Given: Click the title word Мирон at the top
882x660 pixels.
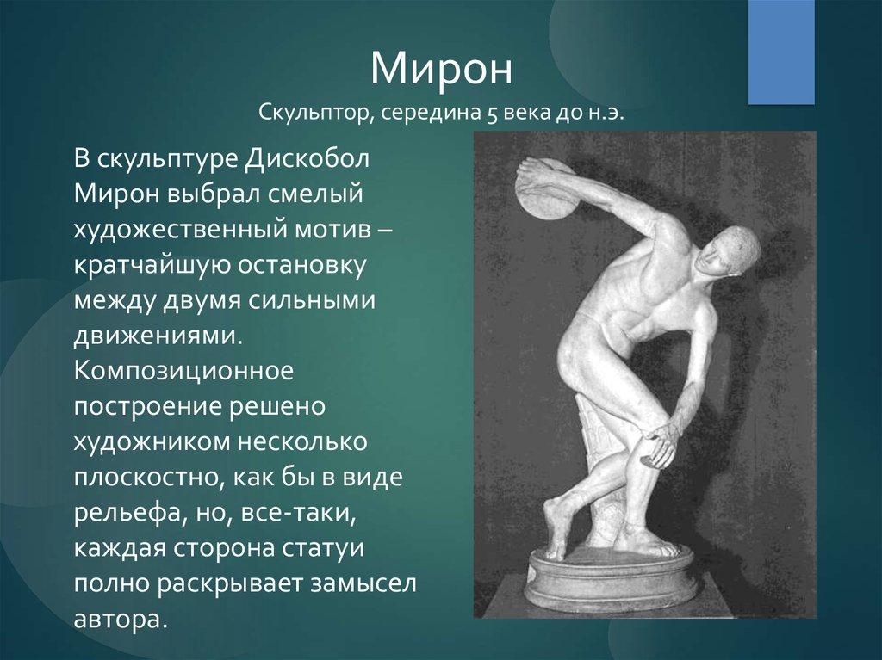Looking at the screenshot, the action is [x=442, y=69].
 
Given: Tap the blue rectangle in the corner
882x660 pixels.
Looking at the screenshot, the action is [x=780, y=52].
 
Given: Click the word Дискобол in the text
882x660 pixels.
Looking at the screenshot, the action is [x=307, y=159].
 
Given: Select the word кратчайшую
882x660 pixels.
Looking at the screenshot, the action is [x=151, y=267].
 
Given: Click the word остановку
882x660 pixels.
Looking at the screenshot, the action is [x=301, y=266].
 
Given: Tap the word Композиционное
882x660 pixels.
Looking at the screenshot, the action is [x=183, y=372].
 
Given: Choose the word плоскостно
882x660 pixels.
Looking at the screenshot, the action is [x=145, y=478].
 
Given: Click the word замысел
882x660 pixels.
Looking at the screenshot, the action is [x=363, y=584].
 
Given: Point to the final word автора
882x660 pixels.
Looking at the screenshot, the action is [x=121, y=620].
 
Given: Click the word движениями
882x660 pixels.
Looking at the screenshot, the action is [x=158, y=336].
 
